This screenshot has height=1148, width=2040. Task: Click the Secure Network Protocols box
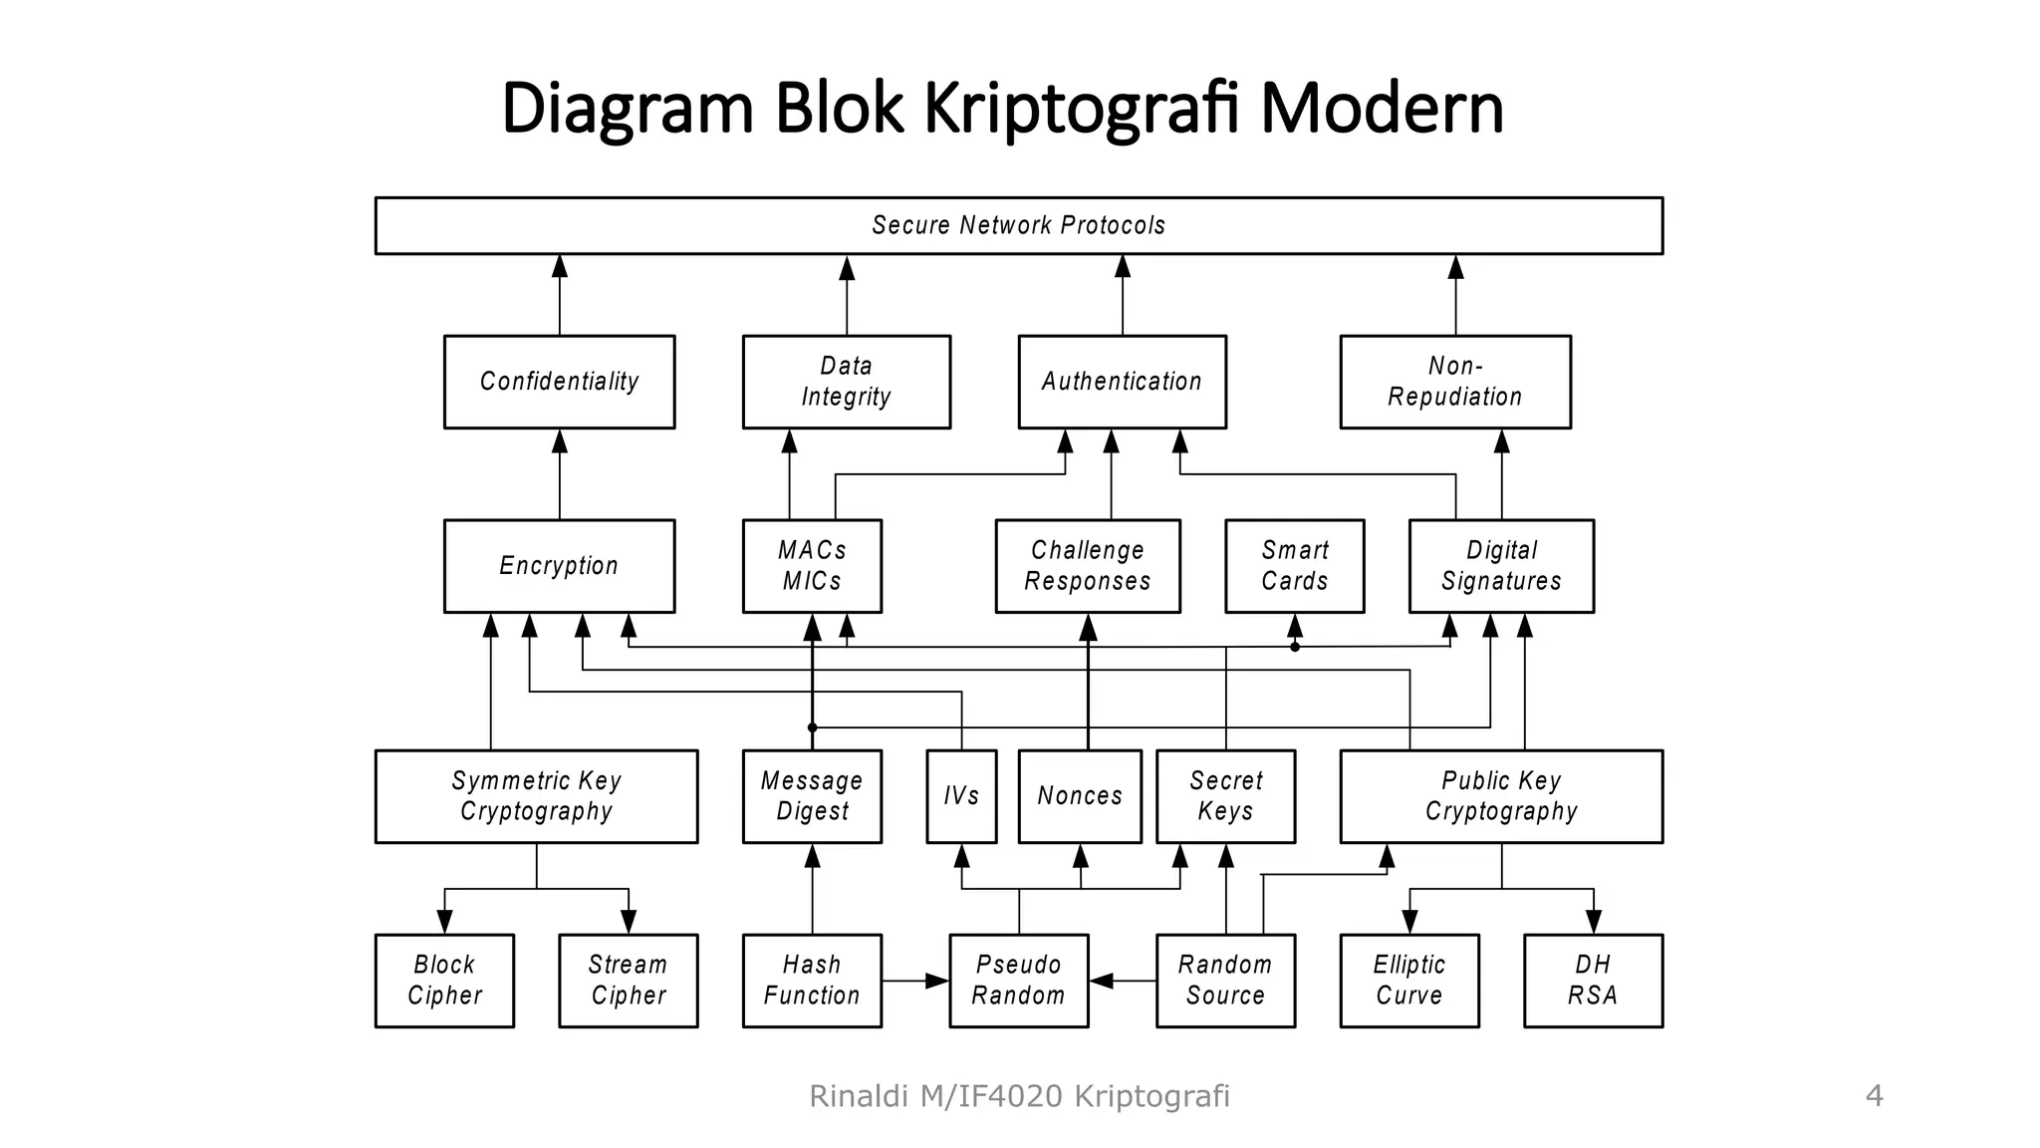[x=1018, y=225]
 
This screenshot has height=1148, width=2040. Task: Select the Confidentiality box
[x=559, y=382]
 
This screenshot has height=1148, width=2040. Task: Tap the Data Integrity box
[x=846, y=382]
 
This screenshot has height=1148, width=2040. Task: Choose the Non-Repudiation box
[x=1454, y=382]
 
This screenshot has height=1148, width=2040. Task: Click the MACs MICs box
[x=812, y=566]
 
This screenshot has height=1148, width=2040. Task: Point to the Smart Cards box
[x=1294, y=566]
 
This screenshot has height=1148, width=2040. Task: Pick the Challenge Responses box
[x=1087, y=566]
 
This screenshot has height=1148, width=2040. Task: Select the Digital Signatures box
[x=1501, y=566]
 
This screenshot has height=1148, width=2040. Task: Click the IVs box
[x=961, y=796]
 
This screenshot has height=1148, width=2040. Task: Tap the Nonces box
[x=1080, y=796]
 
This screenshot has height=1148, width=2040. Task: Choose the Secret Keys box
[x=1225, y=796]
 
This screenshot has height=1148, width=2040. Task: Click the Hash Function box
[x=812, y=981]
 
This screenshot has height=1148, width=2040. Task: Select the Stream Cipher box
[x=628, y=981]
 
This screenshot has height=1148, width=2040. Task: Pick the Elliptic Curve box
[x=1408, y=981]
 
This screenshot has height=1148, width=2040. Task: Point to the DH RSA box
[x=1593, y=981]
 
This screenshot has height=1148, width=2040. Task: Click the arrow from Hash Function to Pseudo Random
[x=914, y=982]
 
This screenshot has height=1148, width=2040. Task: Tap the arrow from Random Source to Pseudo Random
[x=1123, y=982]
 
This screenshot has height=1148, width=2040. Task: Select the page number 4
[x=1874, y=1096]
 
